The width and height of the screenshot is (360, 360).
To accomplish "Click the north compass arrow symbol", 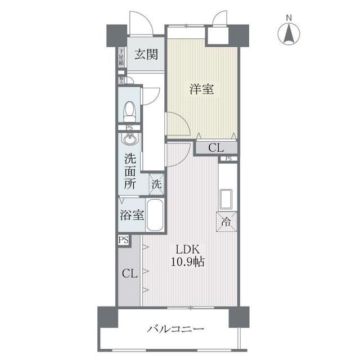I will tap(289, 35).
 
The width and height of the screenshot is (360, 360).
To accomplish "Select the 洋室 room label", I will tap(201, 88).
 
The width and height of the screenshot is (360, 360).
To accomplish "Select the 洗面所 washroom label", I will tap(130, 171).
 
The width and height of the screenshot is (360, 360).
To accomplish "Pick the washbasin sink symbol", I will tap(129, 139).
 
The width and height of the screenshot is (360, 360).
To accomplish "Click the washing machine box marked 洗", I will tap(157, 183).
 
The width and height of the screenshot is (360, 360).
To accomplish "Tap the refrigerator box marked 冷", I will tap(226, 221).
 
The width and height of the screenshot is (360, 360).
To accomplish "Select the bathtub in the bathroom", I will tap(155, 215).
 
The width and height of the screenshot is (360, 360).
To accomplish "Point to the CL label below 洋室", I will tap(215, 148).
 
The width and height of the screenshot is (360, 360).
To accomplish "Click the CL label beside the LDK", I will tap(129, 274).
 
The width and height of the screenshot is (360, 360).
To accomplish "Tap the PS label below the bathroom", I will tap(123, 240).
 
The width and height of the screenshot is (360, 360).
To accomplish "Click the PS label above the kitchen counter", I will tap(228, 159).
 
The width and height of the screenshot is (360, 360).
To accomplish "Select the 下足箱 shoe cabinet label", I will tap(121, 57).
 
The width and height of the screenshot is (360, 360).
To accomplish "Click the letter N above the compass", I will tap(289, 17).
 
